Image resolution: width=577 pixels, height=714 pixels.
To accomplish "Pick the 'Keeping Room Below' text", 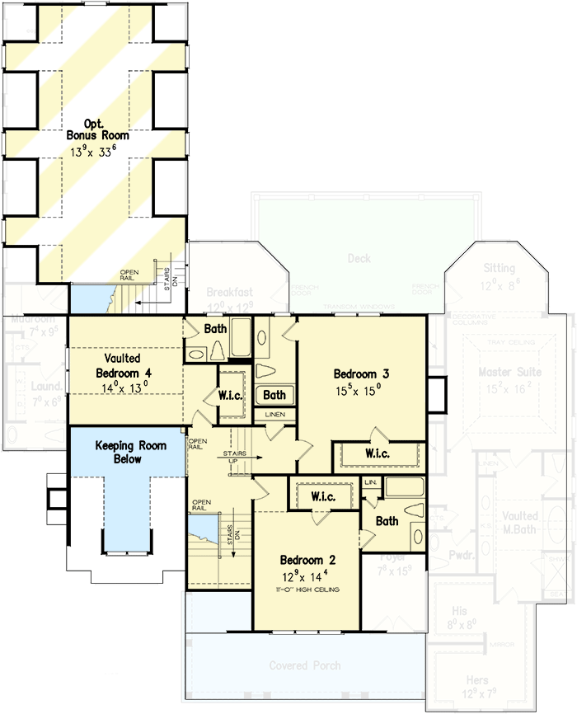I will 130,452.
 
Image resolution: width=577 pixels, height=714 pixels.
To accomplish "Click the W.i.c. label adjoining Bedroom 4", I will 229,395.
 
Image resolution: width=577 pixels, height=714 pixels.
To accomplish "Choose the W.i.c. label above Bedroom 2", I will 322,497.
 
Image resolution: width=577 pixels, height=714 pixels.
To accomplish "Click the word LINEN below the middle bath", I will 274,415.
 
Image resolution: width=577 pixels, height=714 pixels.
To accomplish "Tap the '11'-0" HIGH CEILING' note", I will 307,590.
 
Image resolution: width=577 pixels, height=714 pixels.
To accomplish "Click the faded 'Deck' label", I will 359,259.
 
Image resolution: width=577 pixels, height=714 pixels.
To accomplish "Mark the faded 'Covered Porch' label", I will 305,665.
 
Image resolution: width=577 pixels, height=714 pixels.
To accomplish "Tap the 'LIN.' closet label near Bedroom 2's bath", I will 370,481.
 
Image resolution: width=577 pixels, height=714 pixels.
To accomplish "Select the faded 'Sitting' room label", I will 500,269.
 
